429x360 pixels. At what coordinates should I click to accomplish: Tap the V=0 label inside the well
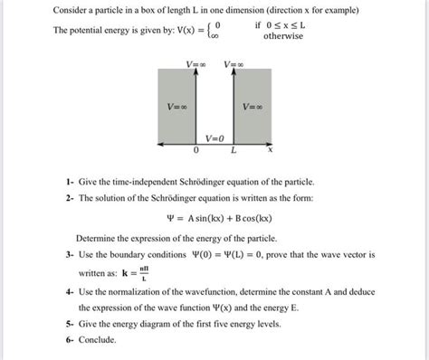(214, 138)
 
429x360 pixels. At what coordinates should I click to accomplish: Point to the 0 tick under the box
(195, 151)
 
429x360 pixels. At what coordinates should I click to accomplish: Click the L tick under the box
(234, 151)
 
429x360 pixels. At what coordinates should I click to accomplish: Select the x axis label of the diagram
(270, 151)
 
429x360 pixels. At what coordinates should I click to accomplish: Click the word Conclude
(98, 339)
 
